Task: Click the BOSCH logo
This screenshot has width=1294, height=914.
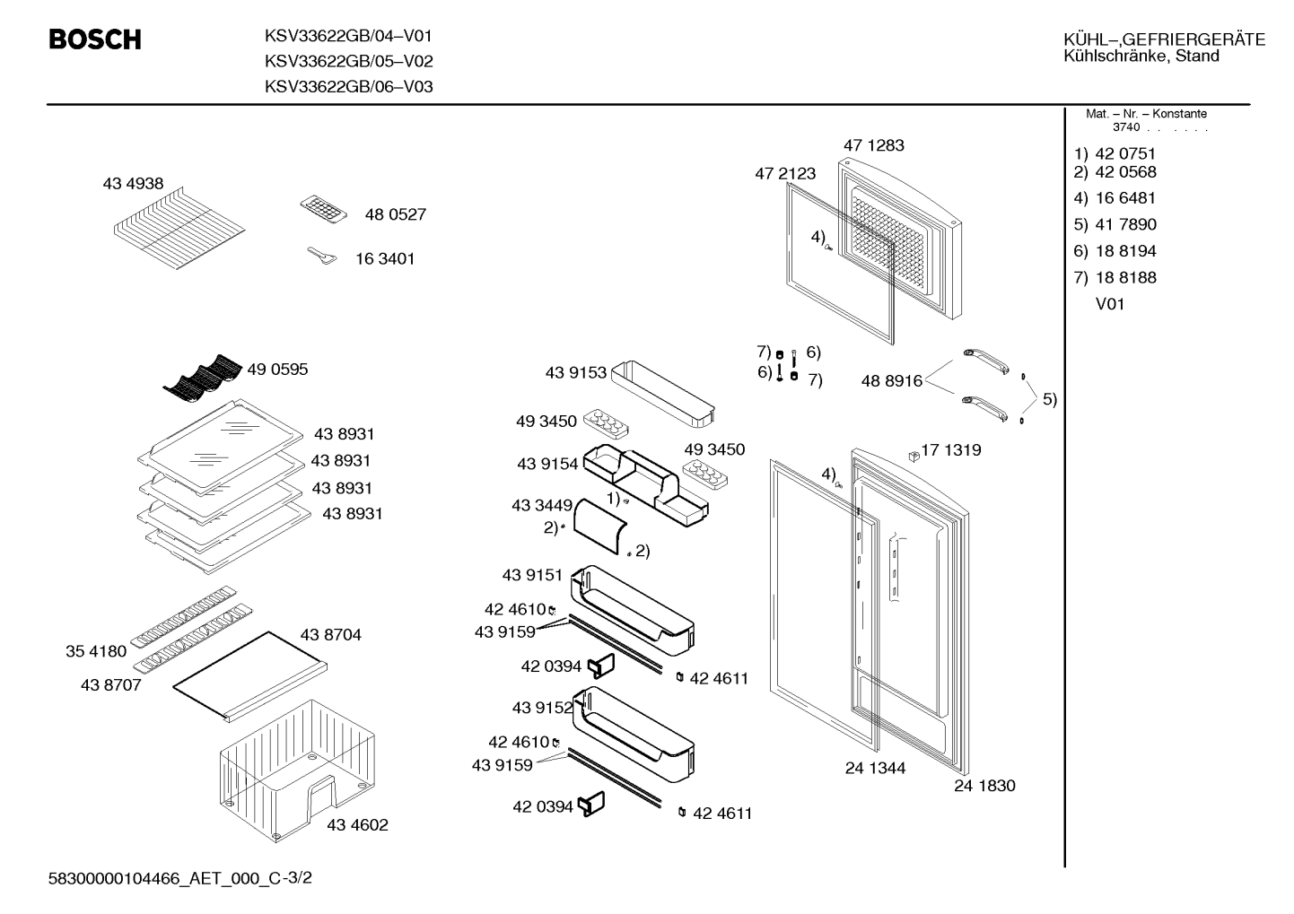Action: tap(95, 39)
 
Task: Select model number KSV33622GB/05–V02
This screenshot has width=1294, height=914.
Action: tap(349, 61)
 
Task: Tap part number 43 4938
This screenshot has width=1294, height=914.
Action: tap(133, 184)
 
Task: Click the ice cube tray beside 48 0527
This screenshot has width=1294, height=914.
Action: tap(323, 208)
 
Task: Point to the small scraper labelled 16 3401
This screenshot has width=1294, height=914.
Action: tap(322, 256)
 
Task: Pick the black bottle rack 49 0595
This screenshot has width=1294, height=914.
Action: tap(202, 377)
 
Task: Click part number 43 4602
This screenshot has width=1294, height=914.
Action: tap(357, 824)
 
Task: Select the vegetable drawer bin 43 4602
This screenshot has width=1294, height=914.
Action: tap(297, 770)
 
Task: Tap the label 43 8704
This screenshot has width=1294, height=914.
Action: tap(330, 634)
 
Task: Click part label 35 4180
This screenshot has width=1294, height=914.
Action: tap(96, 651)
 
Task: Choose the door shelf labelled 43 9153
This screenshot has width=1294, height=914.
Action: tap(662, 394)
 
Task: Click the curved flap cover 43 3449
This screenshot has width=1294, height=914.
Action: tap(599, 526)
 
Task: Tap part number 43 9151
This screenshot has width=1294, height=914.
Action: tap(532, 575)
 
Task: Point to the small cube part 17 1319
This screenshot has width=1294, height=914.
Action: tap(914, 457)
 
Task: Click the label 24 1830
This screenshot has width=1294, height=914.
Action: tap(984, 786)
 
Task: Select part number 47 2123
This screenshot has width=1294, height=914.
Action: tap(785, 174)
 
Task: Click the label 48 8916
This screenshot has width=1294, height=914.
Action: tap(892, 381)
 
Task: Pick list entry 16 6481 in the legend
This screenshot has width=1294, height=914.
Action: tap(1125, 198)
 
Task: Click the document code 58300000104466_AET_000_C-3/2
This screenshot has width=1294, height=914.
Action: tap(180, 878)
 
